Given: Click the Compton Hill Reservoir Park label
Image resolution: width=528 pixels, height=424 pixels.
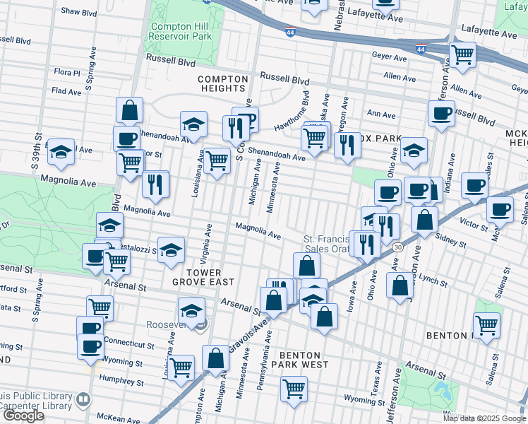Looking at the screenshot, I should (x=181, y=31).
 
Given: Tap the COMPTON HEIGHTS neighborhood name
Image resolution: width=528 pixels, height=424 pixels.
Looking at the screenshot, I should (x=223, y=83).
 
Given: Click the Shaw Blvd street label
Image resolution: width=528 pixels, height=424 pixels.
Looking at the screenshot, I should (x=78, y=11).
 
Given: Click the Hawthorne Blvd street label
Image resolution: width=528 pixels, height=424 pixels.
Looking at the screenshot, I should (x=292, y=112).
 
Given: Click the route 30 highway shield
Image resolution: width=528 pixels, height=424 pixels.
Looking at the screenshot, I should (x=398, y=247).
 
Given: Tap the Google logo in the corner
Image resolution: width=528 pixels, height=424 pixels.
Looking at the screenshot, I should (x=23, y=415).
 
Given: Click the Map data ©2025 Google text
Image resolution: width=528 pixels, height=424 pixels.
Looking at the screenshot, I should (x=484, y=418).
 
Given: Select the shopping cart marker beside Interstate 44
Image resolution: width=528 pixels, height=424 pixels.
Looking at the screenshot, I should (x=462, y=54).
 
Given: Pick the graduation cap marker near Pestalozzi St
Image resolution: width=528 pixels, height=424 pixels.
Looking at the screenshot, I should (x=170, y=250).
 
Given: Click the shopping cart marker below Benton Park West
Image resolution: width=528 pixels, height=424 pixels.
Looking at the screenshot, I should (x=294, y=388).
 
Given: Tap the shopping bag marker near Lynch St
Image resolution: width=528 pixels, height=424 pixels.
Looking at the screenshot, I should (x=400, y=285).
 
